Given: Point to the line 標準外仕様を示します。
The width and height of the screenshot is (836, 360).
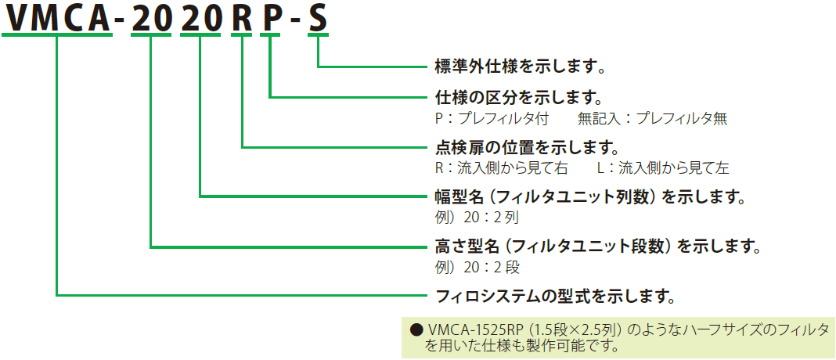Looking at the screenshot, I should coord(521,66).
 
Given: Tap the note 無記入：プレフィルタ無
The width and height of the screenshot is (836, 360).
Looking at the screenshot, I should coord(652,118).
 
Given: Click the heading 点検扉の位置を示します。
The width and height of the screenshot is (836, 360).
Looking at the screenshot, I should coord(528,147).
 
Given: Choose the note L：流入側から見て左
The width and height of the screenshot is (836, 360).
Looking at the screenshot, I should coord(663,167).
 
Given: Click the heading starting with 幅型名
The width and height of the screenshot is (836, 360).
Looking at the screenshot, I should coord(589,196).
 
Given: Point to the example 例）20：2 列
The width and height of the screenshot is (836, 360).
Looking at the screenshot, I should coord(477,216).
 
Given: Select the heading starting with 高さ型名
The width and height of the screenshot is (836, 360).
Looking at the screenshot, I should coord(598,247).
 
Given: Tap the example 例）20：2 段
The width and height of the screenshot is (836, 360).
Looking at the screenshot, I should coord(477,267).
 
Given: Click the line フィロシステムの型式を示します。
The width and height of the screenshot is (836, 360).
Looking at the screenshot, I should coord(555,296).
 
